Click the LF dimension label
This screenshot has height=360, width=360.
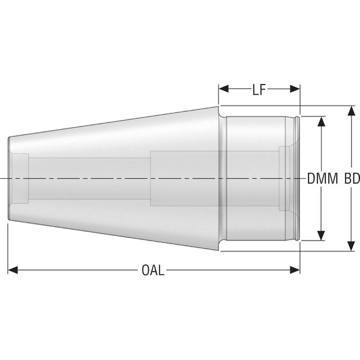259,89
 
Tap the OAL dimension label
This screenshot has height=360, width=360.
153,270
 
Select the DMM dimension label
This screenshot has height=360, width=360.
322,178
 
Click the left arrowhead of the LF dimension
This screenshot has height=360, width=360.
224,89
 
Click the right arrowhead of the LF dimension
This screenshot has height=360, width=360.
295,89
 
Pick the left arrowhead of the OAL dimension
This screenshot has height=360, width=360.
13,270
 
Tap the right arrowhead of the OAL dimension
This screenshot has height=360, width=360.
295,270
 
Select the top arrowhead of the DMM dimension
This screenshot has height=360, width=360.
321,121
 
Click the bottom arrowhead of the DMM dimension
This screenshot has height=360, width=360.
321,236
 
